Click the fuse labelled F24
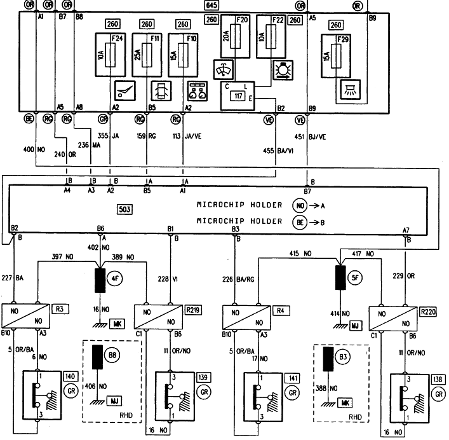(111, 55)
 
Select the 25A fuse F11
(147, 55)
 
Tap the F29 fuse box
(336, 56)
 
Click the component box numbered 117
(238, 96)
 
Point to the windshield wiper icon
(224, 69)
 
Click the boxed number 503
(125, 209)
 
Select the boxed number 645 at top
(211, 5)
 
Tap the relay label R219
(193, 310)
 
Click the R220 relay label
(428, 312)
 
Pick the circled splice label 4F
(115, 278)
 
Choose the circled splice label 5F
(355, 277)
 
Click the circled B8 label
(112, 355)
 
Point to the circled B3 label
(343, 357)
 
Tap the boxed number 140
(70, 376)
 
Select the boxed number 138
(438, 379)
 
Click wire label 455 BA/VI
(278, 151)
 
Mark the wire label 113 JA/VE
(187, 136)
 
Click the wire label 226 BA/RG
(238, 279)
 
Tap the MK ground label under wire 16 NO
(117, 324)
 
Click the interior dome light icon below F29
(351, 90)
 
